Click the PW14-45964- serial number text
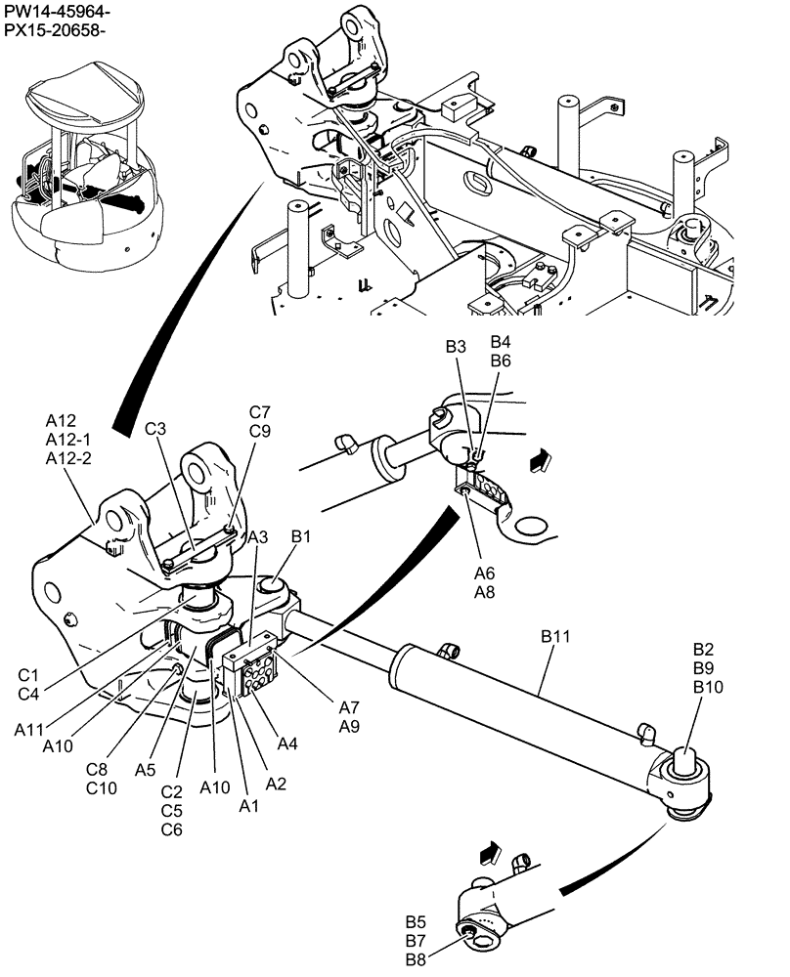coord(57,13)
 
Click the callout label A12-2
coord(68,458)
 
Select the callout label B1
coord(301,536)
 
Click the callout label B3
coord(457,347)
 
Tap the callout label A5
coord(146,769)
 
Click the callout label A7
coord(350,706)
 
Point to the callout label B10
coord(709,687)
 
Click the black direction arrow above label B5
coord(489,853)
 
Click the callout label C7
coord(259,411)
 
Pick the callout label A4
coord(287,744)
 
